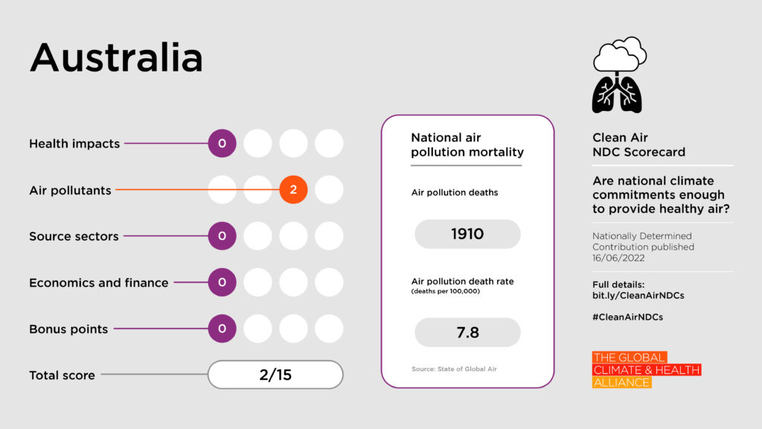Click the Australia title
click(116, 57)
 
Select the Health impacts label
click(74, 144)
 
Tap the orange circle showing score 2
click(293, 190)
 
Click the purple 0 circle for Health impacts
click(222, 144)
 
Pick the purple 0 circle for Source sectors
click(222, 236)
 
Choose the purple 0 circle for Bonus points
click(222, 328)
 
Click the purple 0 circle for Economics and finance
click(222, 282)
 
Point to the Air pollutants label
click(70, 191)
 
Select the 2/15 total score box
click(275, 375)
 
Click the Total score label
click(62, 375)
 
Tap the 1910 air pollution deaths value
click(467, 234)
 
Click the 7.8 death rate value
click(467, 332)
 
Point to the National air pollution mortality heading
click(467, 145)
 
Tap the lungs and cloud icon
click(618, 75)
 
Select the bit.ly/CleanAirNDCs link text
click(638, 296)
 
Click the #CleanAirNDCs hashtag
click(627, 317)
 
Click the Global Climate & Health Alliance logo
click(646, 370)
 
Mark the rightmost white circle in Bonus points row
click(329, 328)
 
